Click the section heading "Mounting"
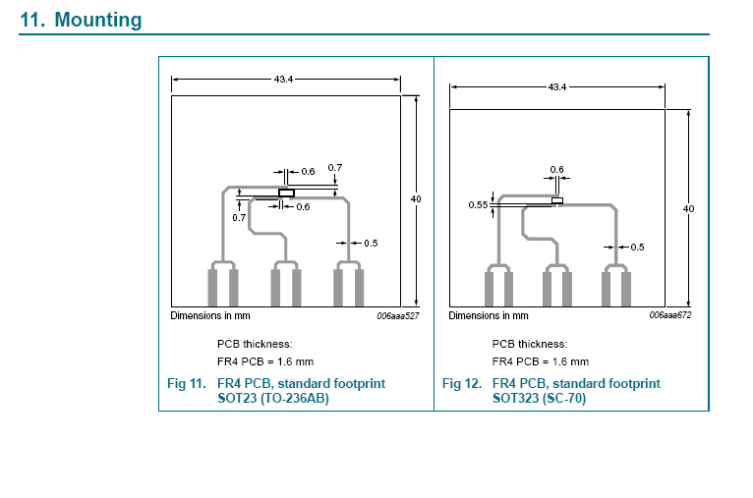tap(98, 20)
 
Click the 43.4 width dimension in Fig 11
tap(283, 80)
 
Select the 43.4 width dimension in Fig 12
tap(557, 86)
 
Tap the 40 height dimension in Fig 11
tap(416, 198)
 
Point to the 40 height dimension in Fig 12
tap(689, 208)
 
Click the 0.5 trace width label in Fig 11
tap(371, 244)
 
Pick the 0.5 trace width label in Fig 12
tap(637, 248)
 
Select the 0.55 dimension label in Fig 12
tap(478, 205)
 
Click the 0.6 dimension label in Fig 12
tap(557, 169)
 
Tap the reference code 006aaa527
tap(397, 315)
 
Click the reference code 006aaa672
tap(670, 315)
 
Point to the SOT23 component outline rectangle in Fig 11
tap(286, 193)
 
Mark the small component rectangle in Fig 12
tap(557, 200)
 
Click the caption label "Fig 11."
tap(187, 383)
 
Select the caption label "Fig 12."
tap(461, 383)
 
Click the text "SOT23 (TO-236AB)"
tap(272, 398)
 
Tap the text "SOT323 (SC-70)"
tap(539, 398)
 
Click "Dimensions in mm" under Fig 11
tap(209, 315)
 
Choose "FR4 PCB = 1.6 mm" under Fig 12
tap(541, 361)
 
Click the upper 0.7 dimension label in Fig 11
tap(334, 167)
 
